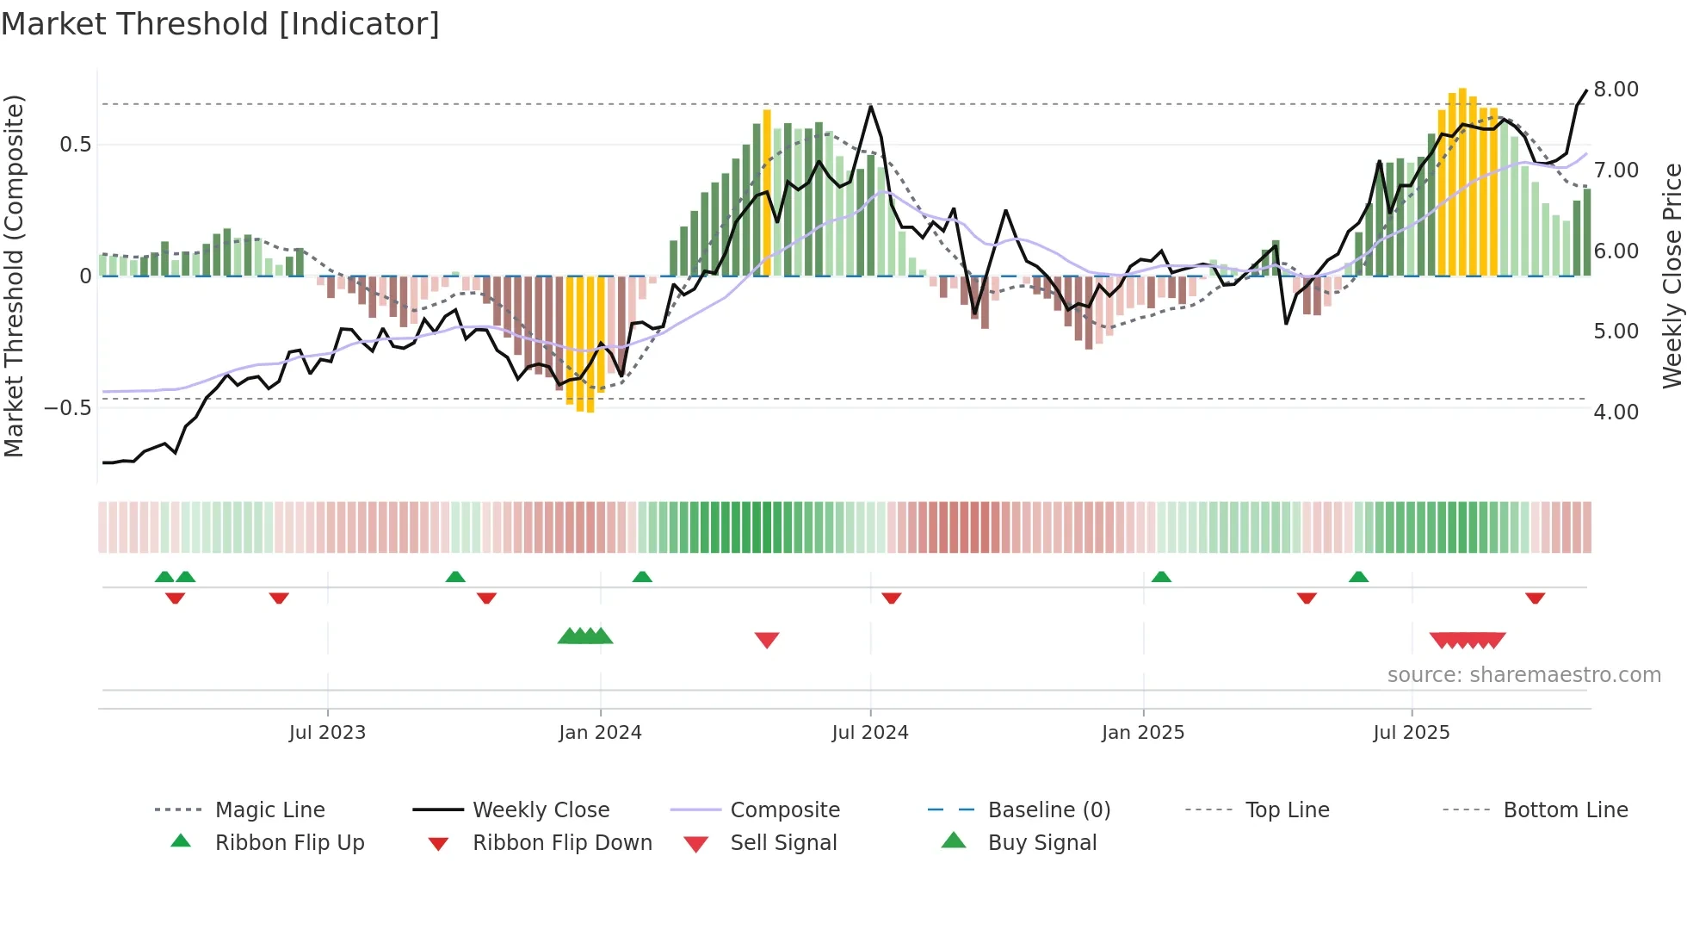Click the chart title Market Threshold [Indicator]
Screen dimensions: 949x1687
point(220,24)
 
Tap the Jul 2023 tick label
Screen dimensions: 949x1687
point(327,733)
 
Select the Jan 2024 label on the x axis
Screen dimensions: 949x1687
point(600,733)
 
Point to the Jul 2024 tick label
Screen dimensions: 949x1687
point(870,733)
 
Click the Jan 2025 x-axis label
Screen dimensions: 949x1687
point(1143,733)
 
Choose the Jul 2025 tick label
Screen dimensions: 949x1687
point(1412,733)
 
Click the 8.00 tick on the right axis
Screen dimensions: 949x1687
point(1616,90)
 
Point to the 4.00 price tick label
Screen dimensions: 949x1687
point(1616,412)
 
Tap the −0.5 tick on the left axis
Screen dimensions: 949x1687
point(68,408)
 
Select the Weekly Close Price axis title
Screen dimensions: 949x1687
point(1672,276)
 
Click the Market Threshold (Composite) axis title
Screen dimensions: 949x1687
point(14,276)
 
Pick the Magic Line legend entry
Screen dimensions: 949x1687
point(269,810)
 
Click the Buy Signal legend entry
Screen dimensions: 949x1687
point(1041,843)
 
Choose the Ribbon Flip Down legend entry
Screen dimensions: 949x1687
point(562,843)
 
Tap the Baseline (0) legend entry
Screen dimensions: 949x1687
point(1048,810)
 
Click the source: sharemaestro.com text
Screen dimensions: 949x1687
point(1523,675)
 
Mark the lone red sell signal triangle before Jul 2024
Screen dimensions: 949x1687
point(767,640)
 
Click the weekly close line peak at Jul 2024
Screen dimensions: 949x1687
point(871,107)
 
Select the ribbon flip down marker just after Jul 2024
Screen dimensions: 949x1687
point(892,598)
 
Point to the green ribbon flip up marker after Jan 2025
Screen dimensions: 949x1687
point(1161,576)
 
